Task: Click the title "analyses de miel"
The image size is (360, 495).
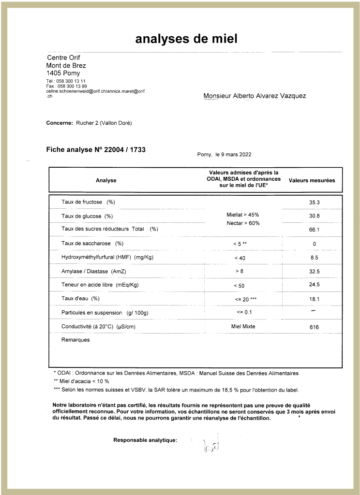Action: (186, 39)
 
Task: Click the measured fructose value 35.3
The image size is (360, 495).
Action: (315, 202)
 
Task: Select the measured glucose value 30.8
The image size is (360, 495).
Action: (315, 216)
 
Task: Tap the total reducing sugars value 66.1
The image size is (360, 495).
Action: (315, 230)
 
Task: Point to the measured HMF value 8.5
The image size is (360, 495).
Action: (315, 258)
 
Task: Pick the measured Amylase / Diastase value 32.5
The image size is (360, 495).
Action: (315, 272)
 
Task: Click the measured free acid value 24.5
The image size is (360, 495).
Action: (315, 285)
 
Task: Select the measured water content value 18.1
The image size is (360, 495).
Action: (315, 299)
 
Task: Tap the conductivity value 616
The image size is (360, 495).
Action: (315, 327)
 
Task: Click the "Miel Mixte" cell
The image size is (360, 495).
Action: (243, 327)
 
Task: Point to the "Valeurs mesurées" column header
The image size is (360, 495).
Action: (312, 180)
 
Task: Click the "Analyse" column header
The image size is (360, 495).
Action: (106, 180)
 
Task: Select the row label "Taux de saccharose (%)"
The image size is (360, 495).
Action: (92, 243)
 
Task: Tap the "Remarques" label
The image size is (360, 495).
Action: (75, 340)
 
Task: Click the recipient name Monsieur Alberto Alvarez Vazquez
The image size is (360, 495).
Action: (255, 96)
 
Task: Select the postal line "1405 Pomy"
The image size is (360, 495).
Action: (63, 73)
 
